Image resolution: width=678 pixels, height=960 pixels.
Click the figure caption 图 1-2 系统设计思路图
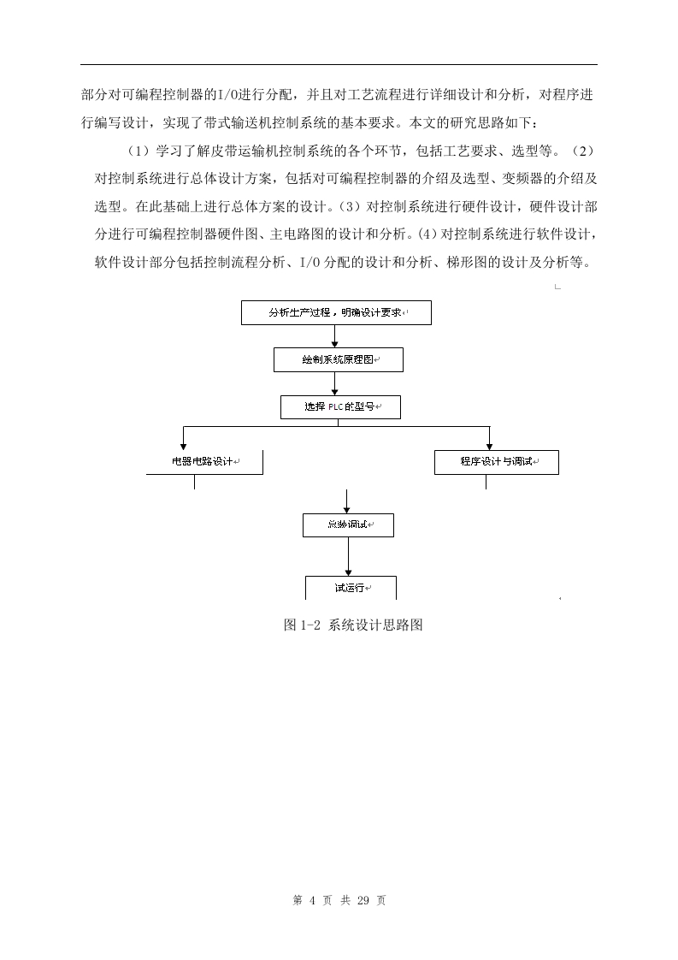coord(353,625)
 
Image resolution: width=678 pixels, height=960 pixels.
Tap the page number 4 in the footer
coord(312,900)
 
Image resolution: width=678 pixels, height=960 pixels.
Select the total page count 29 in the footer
coord(363,900)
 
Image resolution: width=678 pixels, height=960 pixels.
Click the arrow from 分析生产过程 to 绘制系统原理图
coord(334,336)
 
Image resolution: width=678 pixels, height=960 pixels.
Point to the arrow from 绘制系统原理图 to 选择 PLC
coord(334,383)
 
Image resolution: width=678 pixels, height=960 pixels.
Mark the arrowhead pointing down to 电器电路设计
coord(183,447)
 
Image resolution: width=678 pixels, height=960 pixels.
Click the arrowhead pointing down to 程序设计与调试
coord(489,447)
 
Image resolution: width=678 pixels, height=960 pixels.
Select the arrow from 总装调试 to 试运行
coord(348,556)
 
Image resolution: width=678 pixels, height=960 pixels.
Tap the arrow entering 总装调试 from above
coord(347,501)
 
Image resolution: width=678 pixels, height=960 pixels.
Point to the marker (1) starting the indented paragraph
coord(139,151)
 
